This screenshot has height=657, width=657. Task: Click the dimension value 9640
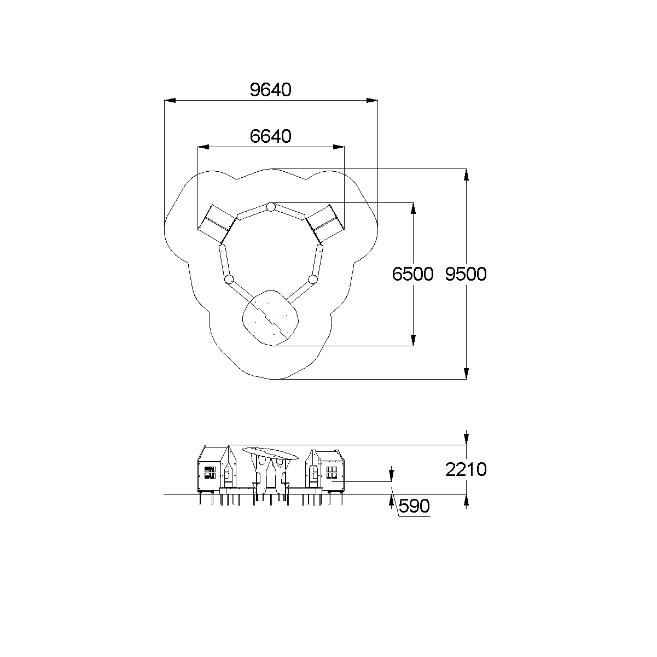point(270,90)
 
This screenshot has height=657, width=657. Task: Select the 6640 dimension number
point(270,136)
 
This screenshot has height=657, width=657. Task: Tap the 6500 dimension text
point(412,274)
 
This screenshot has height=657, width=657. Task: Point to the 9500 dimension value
point(466,274)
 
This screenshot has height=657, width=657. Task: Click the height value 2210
point(466,469)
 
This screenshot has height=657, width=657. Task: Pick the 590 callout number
point(414,506)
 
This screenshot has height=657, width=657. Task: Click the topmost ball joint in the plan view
point(271,207)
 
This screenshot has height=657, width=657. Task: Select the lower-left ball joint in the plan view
point(229,280)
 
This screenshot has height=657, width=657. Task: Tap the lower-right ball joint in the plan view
point(312,280)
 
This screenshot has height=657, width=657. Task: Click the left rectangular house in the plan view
point(217,223)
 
